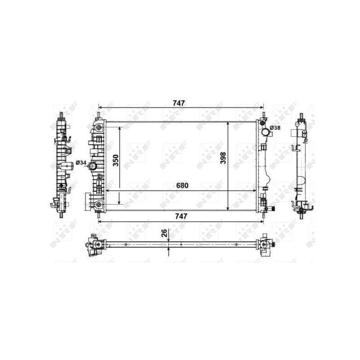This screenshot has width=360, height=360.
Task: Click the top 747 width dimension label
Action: point(179,103)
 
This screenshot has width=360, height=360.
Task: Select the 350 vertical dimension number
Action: point(116,160)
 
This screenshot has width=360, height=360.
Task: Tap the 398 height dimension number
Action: point(223,157)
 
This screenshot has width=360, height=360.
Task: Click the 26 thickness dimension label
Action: point(164,233)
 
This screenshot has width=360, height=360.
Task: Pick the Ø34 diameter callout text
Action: point(81,162)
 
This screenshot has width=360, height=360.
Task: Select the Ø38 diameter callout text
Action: point(275,128)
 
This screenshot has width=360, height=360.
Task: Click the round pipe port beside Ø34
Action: point(93,166)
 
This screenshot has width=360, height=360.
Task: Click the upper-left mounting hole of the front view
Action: point(99,129)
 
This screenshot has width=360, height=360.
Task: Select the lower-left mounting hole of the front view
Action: point(99,206)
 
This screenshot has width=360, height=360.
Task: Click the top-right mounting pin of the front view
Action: point(263,116)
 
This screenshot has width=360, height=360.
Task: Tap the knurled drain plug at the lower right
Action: point(273,208)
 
